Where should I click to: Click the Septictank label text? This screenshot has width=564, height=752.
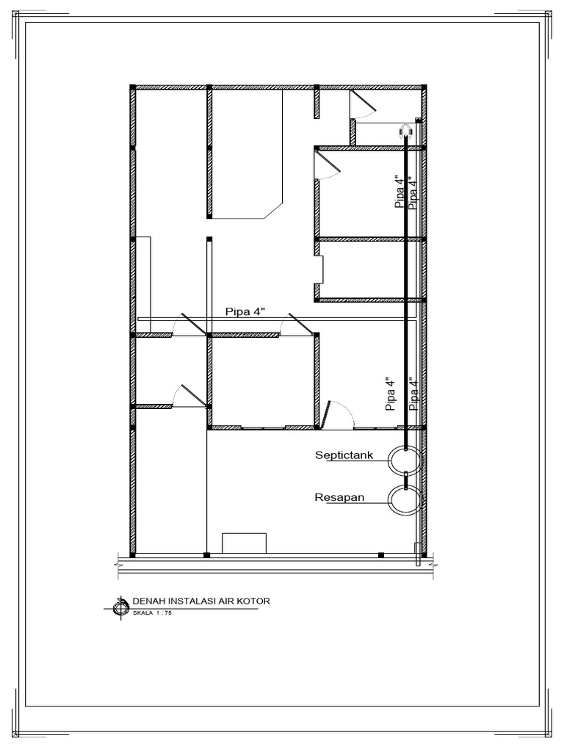[x=344, y=455]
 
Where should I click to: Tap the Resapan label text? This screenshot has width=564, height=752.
[x=339, y=497]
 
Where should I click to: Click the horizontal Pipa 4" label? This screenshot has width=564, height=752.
[x=245, y=311]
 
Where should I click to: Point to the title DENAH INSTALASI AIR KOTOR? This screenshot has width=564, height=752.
[x=201, y=601]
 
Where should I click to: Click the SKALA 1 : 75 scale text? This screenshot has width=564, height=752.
[x=152, y=613]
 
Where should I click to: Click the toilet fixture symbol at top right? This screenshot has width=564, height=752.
[x=405, y=131]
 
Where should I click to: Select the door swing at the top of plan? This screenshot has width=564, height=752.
[x=363, y=104]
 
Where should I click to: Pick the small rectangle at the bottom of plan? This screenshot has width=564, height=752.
[x=244, y=543]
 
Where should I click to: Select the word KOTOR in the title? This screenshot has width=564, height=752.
[x=255, y=601]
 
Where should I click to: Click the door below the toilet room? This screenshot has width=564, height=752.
[x=327, y=166]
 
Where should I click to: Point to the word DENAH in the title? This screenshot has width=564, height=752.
[x=147, y=601]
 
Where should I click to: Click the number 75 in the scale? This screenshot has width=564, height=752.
[x=168, y=613]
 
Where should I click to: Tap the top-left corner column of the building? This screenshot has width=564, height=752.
[x=132, y=87]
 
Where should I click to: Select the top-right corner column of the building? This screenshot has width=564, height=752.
[x=424, y=87]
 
